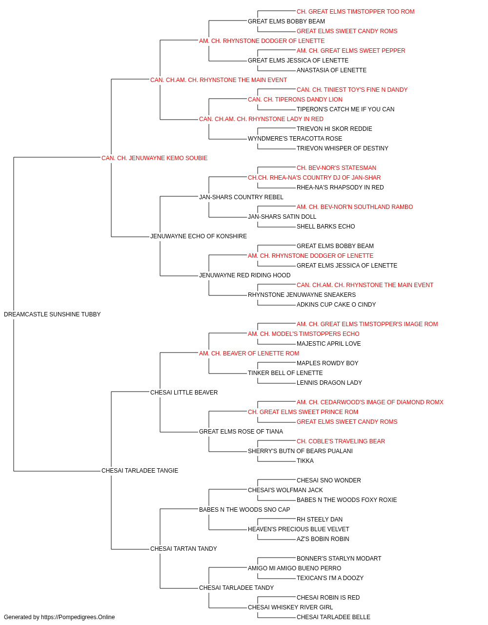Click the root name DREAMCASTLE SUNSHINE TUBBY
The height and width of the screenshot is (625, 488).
[52, 314]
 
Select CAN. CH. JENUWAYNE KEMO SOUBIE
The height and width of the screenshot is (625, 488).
[154, 158]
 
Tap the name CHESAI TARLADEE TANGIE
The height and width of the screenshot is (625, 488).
[140, 471]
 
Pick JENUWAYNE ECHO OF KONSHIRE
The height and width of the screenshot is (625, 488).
[198, 236]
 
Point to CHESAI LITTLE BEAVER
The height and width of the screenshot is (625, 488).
[183, 392]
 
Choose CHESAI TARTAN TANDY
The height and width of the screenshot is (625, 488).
[183, 548]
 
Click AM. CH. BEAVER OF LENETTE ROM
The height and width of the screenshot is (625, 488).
[249, 354]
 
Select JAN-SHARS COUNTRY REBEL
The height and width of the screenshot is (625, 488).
[241, 197]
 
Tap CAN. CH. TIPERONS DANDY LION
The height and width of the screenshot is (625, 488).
[295, 100]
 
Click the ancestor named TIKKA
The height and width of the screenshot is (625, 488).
[305, 461]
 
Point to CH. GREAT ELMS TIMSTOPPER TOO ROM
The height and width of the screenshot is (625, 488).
[355, 12]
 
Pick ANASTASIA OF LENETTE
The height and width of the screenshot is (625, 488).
[331, 70]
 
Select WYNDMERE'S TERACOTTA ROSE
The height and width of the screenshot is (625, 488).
[295, 139]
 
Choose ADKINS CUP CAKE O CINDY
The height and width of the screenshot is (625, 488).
[336, 305]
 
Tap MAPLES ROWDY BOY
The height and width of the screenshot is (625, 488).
[327, 363]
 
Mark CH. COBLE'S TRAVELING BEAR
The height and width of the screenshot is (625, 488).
[341, 441]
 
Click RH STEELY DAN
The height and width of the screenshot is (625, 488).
[319, 520]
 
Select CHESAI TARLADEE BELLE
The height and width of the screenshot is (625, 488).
[333, 617]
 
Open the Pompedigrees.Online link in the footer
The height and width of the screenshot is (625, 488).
[78, 617]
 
